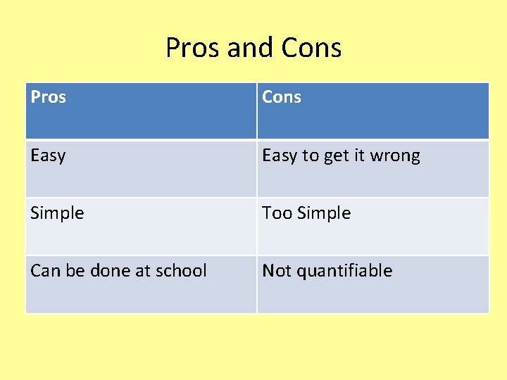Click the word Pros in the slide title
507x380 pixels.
pyautogui.click(x=192, y=48)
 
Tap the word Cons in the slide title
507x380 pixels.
pyautogui.click(x=311, y=48)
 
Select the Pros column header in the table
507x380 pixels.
pyautogui.click(x=49, y=97)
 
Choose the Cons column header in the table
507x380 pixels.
pyautogui.click(x=282, y=97)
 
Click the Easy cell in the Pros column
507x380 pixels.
pyautogui.click(x=48, y=156)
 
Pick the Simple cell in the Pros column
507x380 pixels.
pyautogui.click(x=57, y=213)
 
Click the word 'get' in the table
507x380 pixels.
pyautogui.click(x=337, y=156)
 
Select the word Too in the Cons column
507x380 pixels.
pyautogui.click(x=275, y=213)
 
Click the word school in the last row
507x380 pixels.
pyautogui.click(x=182, y=271)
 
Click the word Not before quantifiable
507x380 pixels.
pyautogui.click(x=276, y=271)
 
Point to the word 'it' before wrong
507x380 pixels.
pyautogui.click(x=361, y=156)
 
